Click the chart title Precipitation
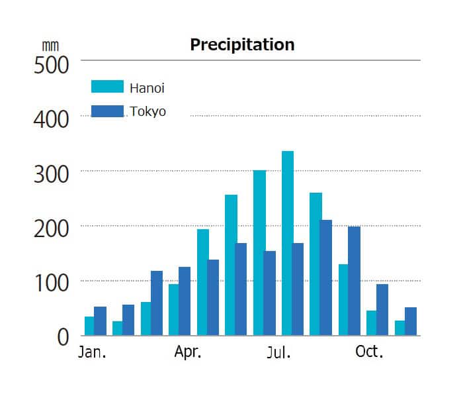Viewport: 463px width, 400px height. tap(242, 44)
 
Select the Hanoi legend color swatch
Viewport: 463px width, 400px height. tap(107, 87)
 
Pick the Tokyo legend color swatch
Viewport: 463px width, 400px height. tap(107, 111)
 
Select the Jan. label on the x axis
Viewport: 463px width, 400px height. tap(92, 352)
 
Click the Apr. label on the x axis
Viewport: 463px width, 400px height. tap(188, 352)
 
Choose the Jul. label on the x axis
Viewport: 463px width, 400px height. tap(278, 352)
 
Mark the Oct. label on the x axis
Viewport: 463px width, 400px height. tap(369, 352)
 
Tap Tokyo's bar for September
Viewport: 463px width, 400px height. tap(326, 277)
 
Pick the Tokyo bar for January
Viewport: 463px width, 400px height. tap(100, 321)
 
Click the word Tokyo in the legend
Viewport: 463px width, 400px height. tap(147, 111)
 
